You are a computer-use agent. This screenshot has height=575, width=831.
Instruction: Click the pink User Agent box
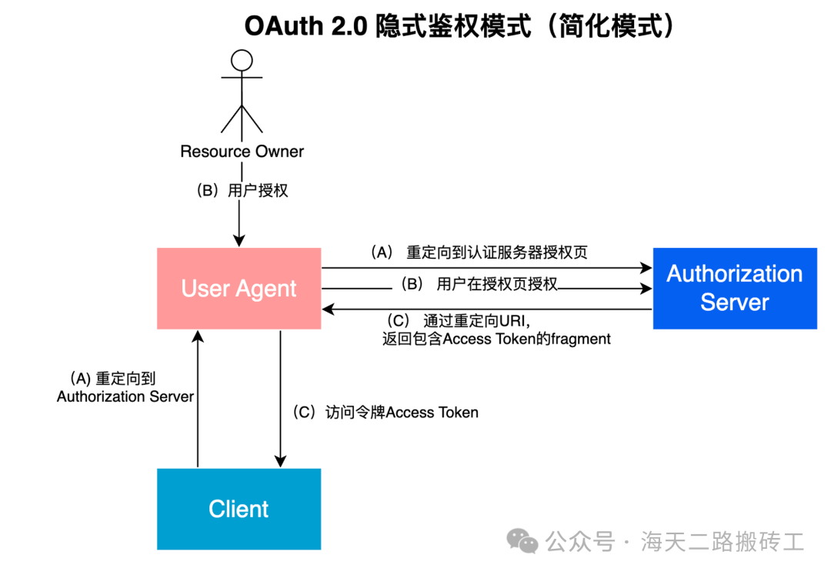click(x=239, y=289)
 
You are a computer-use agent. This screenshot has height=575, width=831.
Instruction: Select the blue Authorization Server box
click(x=735, y=289)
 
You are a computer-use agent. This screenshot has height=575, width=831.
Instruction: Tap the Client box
click(x=239, y=509)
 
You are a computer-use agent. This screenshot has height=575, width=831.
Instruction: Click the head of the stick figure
click(x=242, y=60)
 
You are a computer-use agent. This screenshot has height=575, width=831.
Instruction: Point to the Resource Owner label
click(x=242, y=152)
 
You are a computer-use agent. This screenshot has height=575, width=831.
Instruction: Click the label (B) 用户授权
click(x=242, y=190)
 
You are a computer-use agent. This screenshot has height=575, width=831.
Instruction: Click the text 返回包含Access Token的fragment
click(x=496, y=339)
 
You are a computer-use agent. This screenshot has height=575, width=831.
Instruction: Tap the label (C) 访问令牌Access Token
click(x=385, y=413)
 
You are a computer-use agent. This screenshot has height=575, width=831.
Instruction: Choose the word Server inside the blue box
click(x=735, y=303)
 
